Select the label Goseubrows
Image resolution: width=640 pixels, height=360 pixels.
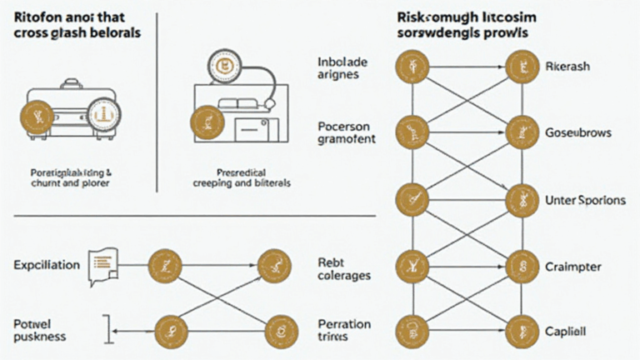577,132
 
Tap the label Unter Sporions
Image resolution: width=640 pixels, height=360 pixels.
586,200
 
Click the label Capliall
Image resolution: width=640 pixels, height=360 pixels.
567,331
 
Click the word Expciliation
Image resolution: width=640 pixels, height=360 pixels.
47,265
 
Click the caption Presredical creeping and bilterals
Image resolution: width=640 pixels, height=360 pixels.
241,177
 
